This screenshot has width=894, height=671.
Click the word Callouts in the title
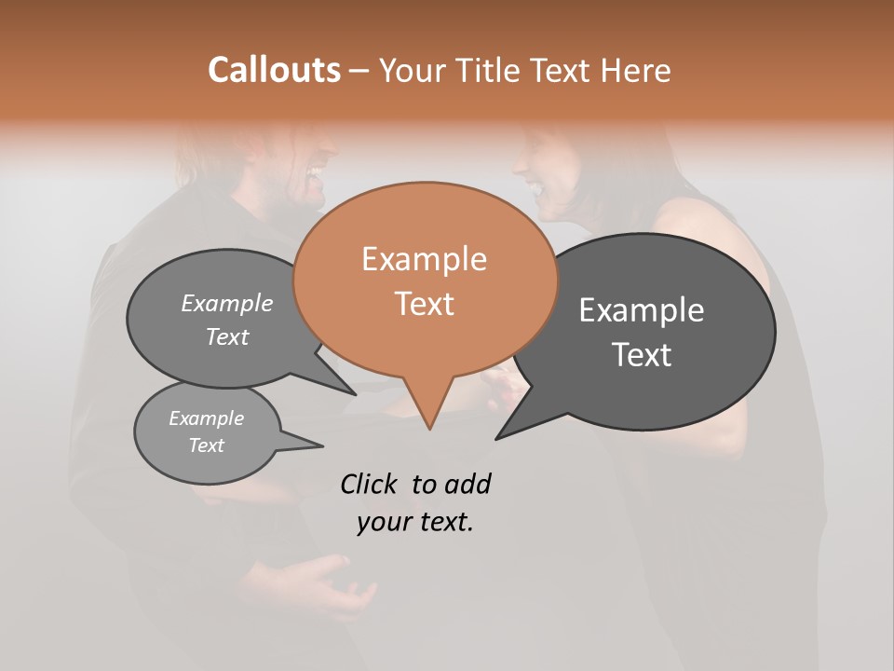(274, 70)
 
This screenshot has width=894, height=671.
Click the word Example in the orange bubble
(424, 259)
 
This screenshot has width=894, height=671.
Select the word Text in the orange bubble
(424, 304)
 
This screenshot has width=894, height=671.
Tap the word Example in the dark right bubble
(641, 310)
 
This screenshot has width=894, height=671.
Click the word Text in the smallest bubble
(206, 445)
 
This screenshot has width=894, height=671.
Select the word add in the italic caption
(467, 484)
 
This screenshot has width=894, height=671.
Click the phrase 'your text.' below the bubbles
(415, 523)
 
